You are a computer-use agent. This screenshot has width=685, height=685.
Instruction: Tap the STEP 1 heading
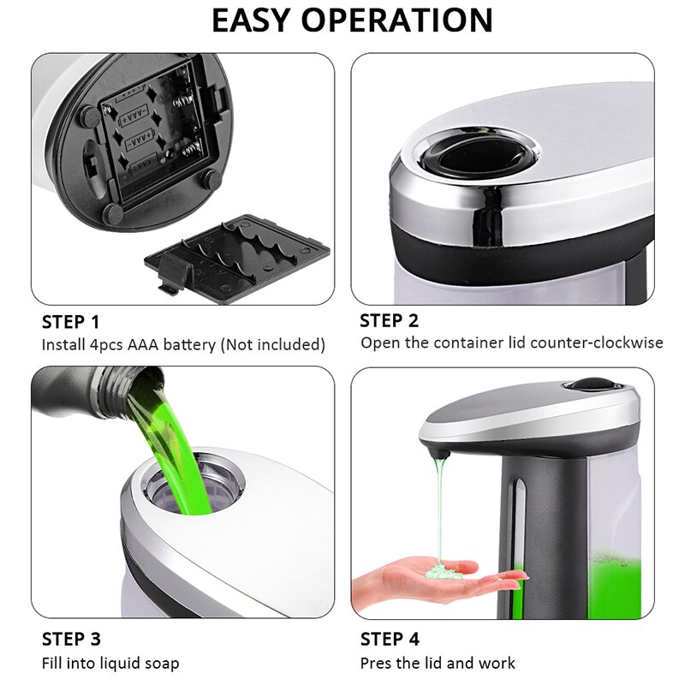(71, 322)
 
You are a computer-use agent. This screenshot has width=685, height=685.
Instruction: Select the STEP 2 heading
(390, 321)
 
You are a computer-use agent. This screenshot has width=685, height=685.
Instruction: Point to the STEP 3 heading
(71, 640)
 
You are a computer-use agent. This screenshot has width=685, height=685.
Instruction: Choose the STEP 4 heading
(390, 640)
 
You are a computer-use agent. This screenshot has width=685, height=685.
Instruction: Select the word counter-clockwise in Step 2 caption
(605, 342)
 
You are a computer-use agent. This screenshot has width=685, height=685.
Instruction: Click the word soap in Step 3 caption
(162, 664)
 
